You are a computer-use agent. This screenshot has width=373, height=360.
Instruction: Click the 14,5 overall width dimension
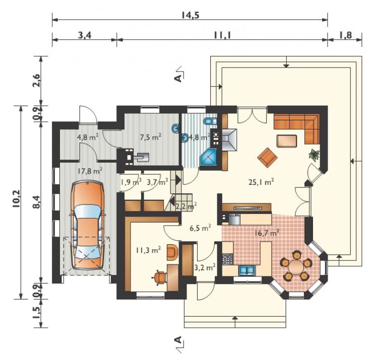coord(190,15)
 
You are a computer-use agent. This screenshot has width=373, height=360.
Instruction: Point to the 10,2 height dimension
coord(17,199)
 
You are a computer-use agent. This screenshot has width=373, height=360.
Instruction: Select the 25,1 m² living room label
coord(261,182)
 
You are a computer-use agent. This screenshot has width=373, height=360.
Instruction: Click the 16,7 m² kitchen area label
coord(267,233)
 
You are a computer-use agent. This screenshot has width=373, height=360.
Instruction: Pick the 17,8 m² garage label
coord(90,170)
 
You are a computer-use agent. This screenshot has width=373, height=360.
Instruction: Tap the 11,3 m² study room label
coord(148,250)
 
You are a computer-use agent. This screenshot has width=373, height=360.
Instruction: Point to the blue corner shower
coord(208,157)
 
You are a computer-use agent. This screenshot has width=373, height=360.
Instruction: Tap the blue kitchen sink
coord(246,270)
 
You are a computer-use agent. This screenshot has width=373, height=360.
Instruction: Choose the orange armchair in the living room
coord(267,157)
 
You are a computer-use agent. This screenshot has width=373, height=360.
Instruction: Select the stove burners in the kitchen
coord(227,259)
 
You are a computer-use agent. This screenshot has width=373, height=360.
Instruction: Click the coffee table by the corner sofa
coord(286,141)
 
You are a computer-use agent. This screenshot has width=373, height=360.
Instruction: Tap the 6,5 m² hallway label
coord(200,228)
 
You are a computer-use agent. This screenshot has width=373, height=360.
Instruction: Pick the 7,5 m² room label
coord(151,137)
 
